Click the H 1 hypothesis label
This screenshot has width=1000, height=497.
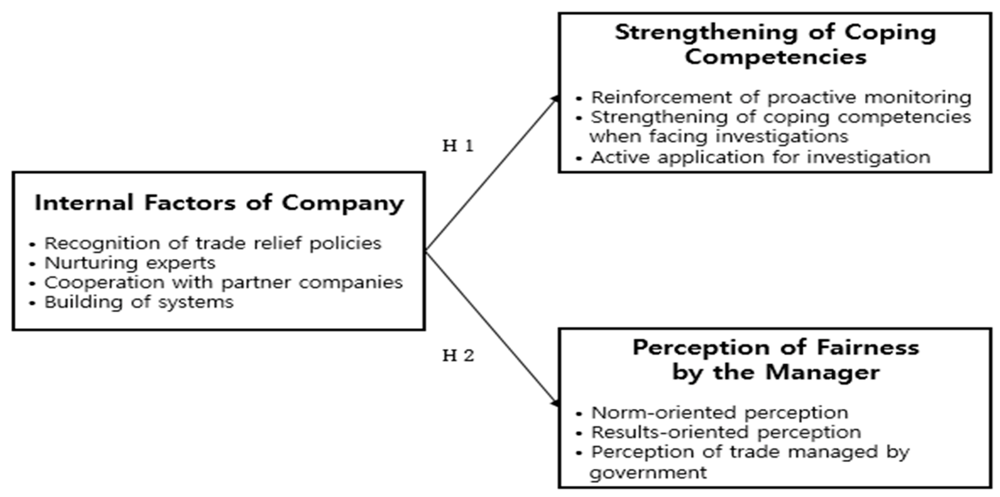click(458, 146)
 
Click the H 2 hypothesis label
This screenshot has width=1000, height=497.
click(458, 355)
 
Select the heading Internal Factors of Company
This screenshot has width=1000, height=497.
click(219, 203)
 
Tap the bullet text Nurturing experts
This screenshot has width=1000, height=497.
click(130, 263)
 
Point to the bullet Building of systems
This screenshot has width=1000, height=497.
click(139, 302)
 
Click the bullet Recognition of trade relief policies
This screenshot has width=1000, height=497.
click(213, 244)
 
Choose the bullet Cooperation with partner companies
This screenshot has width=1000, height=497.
click(223, 282)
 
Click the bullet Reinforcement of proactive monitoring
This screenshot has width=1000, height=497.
click(780, 98)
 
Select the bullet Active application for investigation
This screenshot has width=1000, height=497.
click(760, 157)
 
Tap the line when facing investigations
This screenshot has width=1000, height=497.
click(719, 137)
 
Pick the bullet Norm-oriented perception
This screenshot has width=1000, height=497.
click(719, 413)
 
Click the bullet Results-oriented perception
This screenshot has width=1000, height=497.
click(726, 432)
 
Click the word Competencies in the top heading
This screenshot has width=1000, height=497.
click(775, 57)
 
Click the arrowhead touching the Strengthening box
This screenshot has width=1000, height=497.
click(555, 99)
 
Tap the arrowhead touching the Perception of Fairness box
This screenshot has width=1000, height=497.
click(555, 403)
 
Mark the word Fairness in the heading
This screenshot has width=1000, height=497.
click(868, 347)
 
